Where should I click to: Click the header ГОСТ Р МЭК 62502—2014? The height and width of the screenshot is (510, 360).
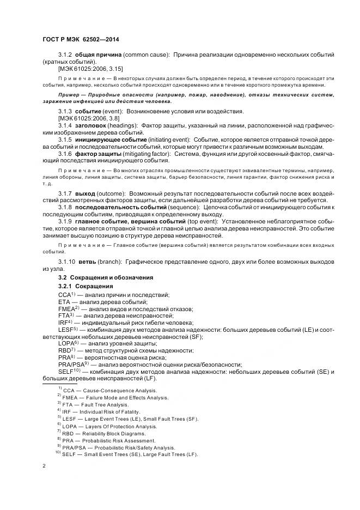coord(80,40)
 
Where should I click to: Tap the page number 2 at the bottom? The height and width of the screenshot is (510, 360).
coord(44,466)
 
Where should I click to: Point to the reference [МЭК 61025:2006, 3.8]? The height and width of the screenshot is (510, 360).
coord(88,118)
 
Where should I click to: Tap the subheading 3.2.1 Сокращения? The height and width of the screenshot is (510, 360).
coord(86,286)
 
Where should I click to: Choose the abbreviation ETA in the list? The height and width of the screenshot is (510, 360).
coord(64,301)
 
